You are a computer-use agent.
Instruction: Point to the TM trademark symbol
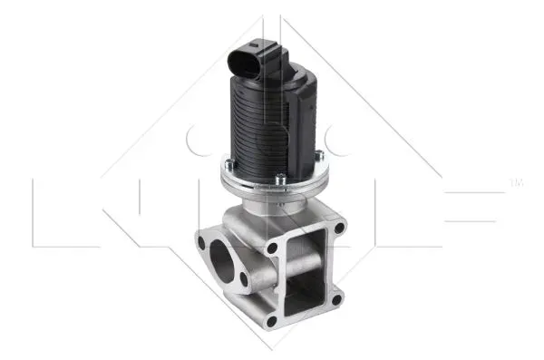tap(518, 184)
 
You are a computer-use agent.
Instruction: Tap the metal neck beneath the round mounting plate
tap(272, 205)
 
